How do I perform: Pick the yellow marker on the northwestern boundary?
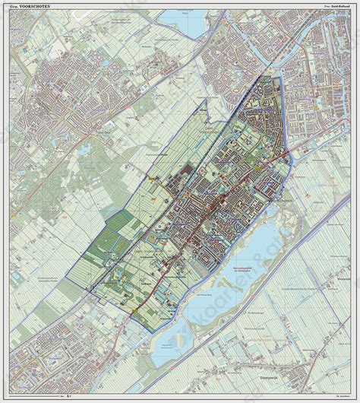click(x=153, y=176)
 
